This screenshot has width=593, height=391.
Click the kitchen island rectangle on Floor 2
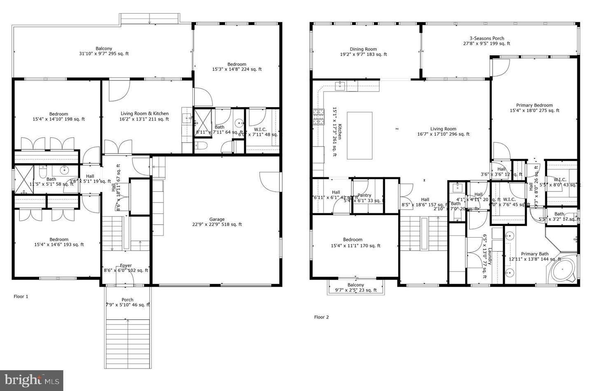[x=360, y=135]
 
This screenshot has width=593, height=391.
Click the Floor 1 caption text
[x=21, y=297]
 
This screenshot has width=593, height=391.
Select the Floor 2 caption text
[x=322, y=317]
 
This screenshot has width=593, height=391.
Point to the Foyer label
[x=126, y=266]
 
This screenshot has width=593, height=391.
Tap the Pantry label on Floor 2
[x=364, y=195]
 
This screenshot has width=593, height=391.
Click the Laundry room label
[x=488, y=256]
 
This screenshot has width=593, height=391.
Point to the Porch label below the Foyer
[x=127, y=300]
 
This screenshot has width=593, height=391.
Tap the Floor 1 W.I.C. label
[x=260, y=130]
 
